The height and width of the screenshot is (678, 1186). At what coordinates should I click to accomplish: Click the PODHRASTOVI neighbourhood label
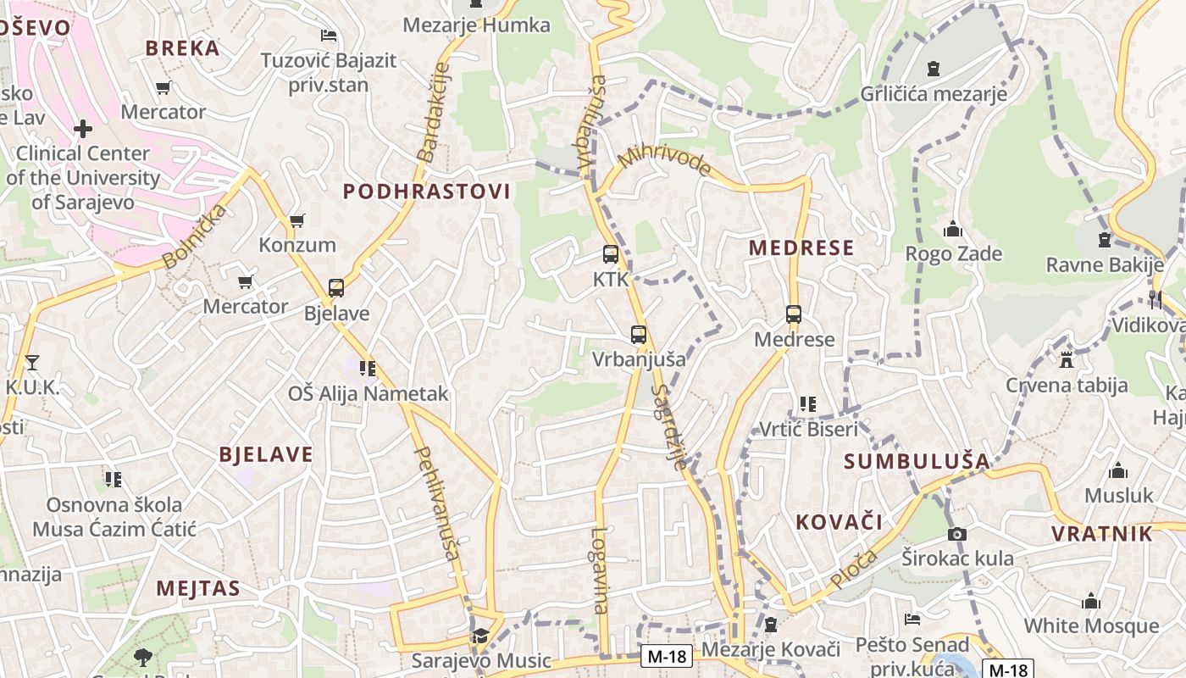pyautogui.click(x=426, y=192)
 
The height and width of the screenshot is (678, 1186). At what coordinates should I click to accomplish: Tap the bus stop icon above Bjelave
pyautogui.click(x=336, y=288)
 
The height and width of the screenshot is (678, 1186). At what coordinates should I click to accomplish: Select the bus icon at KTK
pyautogui.click(x=610, y=253)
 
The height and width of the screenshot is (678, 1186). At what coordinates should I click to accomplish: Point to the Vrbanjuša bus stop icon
pyautogui.click(x=639, y=335)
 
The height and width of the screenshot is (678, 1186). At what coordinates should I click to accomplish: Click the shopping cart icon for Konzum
pyautogui.click(x=296, y=220)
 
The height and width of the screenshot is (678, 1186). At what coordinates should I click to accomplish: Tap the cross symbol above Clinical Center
pyautogui.click(x=82, y=129)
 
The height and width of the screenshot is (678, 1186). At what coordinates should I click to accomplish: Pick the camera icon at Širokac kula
pyautogui.click(x=957, y=534)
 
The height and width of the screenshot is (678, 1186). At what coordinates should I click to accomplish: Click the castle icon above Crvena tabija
pyautogui.click(x=1067, y=360)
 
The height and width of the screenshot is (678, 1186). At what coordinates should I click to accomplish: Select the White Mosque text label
pyautogui.click(x=1091, y=626)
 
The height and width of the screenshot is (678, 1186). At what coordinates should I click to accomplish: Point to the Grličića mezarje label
pyautogui.click(x=934, y=94)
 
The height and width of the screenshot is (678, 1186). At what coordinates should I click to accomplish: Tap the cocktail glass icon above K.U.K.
pyautogui.click(x=32, y=363)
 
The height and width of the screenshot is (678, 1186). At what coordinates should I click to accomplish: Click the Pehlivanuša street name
pyautogui.click(x=437, y=503)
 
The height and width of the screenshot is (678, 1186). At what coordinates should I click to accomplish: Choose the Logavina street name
pyautogui.click(x=600, y=570)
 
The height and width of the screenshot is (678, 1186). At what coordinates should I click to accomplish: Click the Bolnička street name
pyautogui.click(x=194, y=236)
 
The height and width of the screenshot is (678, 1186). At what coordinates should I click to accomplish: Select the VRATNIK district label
pyautogui.click(x=1102, y=534)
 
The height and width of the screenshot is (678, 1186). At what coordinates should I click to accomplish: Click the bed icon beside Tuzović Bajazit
pyautogui.click(x=329, y=36)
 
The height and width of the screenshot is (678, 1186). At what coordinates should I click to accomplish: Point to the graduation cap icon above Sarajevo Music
pyautogui.click(x=480, y=635)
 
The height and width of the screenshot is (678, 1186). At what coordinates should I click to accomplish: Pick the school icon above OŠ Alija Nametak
pyautogui.click(x=367, y=369)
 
